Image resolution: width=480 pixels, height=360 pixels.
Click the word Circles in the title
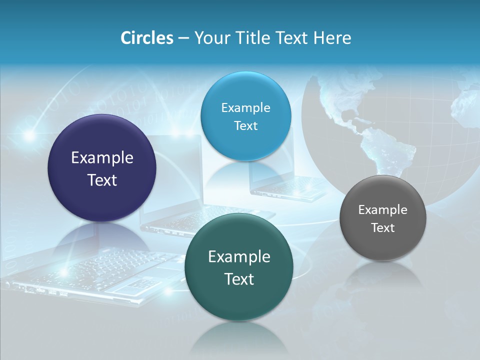point(146,38)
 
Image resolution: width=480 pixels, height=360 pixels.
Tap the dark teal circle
point(239,300)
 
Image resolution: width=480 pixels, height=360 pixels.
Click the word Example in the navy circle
point(102,158)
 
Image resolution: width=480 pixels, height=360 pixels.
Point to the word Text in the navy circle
point(102,180)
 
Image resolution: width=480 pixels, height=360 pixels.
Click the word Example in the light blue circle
point(245,108)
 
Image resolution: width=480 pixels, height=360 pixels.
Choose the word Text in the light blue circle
point(245,126)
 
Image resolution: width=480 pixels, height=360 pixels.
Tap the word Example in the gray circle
point(383,210)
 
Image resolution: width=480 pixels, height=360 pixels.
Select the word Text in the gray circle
point(383,228)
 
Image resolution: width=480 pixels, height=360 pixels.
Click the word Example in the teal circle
point(239,257)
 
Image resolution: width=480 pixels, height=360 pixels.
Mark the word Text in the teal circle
point(239,279)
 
